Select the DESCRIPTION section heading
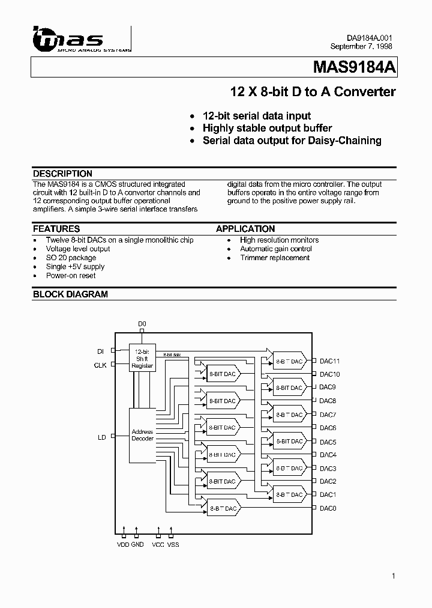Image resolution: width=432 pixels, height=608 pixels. (62, 174)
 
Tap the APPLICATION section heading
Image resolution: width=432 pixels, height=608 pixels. (245, 229)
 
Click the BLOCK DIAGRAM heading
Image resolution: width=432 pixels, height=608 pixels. (70, 294)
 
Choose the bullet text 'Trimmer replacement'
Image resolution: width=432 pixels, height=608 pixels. (275, 258)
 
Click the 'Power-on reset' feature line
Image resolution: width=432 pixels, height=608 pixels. (71, 276)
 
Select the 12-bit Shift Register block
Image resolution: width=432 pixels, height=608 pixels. (142, 359)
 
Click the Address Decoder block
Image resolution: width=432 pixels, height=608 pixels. (142, 435)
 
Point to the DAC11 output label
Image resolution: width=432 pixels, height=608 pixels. (329, 361)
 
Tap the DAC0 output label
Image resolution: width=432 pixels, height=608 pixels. (328, 508)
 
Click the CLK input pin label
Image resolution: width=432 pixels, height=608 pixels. (100, 365)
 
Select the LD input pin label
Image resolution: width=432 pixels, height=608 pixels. (102, 437)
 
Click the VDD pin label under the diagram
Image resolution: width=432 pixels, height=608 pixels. (124, 544)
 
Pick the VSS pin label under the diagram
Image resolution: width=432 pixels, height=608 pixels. (173, 544)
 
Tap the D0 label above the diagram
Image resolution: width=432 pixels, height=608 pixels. (142, 324)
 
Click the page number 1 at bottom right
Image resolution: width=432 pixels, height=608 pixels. (394, 576)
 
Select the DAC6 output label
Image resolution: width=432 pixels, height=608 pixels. (328, 428)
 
